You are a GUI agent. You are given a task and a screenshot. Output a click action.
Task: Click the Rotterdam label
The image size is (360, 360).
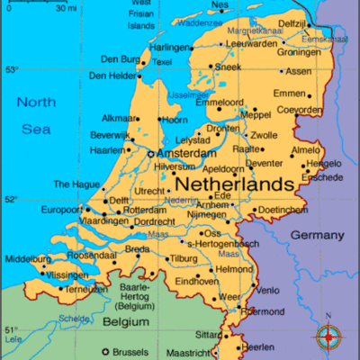[x=145, y=210]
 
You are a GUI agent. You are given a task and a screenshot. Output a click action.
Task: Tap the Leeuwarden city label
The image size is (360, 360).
[x=251, y=42]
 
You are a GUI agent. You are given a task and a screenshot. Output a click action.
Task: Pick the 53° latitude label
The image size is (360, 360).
[x=11, y=70]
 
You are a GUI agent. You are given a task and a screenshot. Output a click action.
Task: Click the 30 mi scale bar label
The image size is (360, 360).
[x=65, y=8]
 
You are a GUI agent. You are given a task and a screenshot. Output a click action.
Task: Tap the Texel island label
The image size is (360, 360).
[x=163, y=62]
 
